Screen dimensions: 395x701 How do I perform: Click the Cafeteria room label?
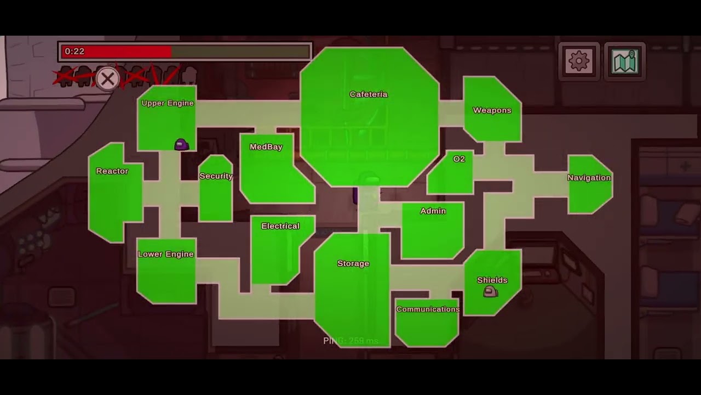pos(369,94)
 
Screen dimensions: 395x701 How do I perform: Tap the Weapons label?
pos(492,110)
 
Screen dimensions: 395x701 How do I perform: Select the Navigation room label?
pos(589,178)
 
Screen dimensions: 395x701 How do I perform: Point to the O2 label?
pos(459,159)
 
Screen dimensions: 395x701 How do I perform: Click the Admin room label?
pos(433,211)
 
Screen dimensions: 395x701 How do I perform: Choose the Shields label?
pos(492,280)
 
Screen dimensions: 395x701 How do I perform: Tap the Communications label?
pos(428,309)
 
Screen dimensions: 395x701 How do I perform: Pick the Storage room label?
pos(353,264)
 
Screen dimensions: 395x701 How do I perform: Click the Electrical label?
pos(280,226)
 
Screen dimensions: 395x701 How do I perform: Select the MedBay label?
pos(266,147)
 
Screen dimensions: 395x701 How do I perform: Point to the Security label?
pos(216,176)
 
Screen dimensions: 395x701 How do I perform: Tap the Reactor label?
pos(112,171)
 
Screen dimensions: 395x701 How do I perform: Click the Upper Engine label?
pos(168,103)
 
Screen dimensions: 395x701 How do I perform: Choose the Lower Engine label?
pos(165,255)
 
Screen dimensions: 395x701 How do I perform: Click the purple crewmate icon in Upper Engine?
pos(181,144)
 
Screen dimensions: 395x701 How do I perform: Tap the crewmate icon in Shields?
pos(490,292)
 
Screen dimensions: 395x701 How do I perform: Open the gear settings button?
pos(579,61)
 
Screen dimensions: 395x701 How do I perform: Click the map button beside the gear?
pos(625,61)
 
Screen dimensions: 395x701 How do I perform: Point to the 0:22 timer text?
pos(74,52)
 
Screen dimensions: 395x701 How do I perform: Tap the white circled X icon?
pos(107,79)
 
